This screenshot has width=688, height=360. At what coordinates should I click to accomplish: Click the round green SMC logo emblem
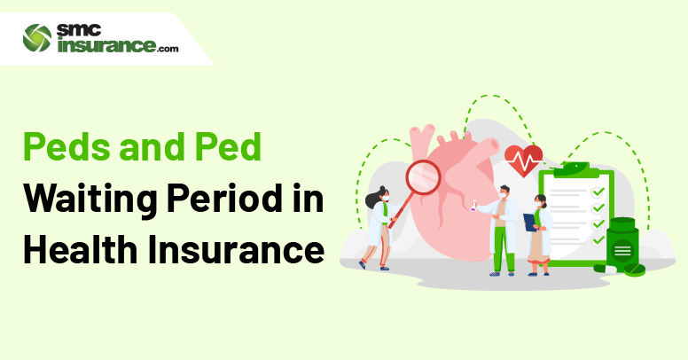pos(37,38)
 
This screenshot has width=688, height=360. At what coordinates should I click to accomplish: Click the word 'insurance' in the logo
pos(106,45)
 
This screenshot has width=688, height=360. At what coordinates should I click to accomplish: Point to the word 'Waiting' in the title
pos(90,200)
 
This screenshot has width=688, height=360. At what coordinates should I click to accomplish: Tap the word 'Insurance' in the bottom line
pos(236,249)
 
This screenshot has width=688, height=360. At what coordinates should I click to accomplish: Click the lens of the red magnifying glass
pos(423,177)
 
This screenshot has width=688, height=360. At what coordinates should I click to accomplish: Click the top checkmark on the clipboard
pos(598,192)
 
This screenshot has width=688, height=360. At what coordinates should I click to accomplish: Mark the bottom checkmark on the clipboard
pos(598,240)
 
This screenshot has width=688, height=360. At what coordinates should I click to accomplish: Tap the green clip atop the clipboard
pos(572,169)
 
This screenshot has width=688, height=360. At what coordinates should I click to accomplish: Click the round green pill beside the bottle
pos(635,270)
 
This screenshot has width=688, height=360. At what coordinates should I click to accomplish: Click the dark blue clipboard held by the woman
pos(530,223)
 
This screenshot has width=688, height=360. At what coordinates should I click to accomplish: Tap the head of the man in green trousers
pos(504,192)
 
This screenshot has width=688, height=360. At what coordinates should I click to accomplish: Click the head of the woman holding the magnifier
pos(379,196)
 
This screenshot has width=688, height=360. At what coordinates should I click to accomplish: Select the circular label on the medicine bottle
pos(622,251)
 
